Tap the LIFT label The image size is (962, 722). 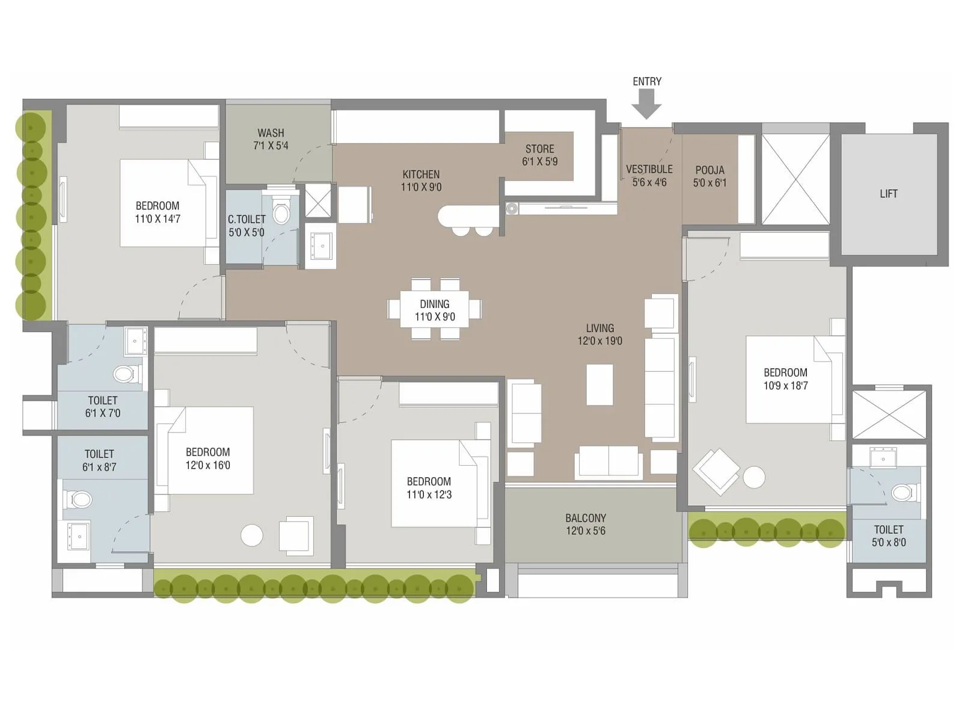pyautogui.click(x=888, y=194)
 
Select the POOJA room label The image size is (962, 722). pyautogui.click(x=709, y=170)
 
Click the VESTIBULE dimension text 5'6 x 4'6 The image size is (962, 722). pyautogui.click(x=649, y=182)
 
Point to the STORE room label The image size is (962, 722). pyautogui.click(x=539, y=149)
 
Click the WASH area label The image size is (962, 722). pyautogui.click(x=271, y=133)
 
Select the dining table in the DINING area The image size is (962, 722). pyautogui.click(x=434, y=310)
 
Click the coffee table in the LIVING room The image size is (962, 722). pyautogui.click(x=599, y=384)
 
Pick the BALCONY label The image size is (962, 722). pyautogui.click(x=585, y=518)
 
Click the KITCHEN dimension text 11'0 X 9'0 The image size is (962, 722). pyautogui.click(x=421, y=187)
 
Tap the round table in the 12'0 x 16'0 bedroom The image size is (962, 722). pyautogui.click(x=251, y=535)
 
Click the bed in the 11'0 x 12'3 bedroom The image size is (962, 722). pyautogui.click(x=433, y=483)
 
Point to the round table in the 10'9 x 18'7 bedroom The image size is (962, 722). pyautogui.click(x=754, y=477)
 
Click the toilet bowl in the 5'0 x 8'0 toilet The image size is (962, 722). pyautogui.click(x=901, y=493)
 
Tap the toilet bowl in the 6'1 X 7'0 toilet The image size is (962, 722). pyautogui.click(x=124, y=374)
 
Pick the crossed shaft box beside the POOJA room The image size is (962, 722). pyautogui.click(x=795, y=179)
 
